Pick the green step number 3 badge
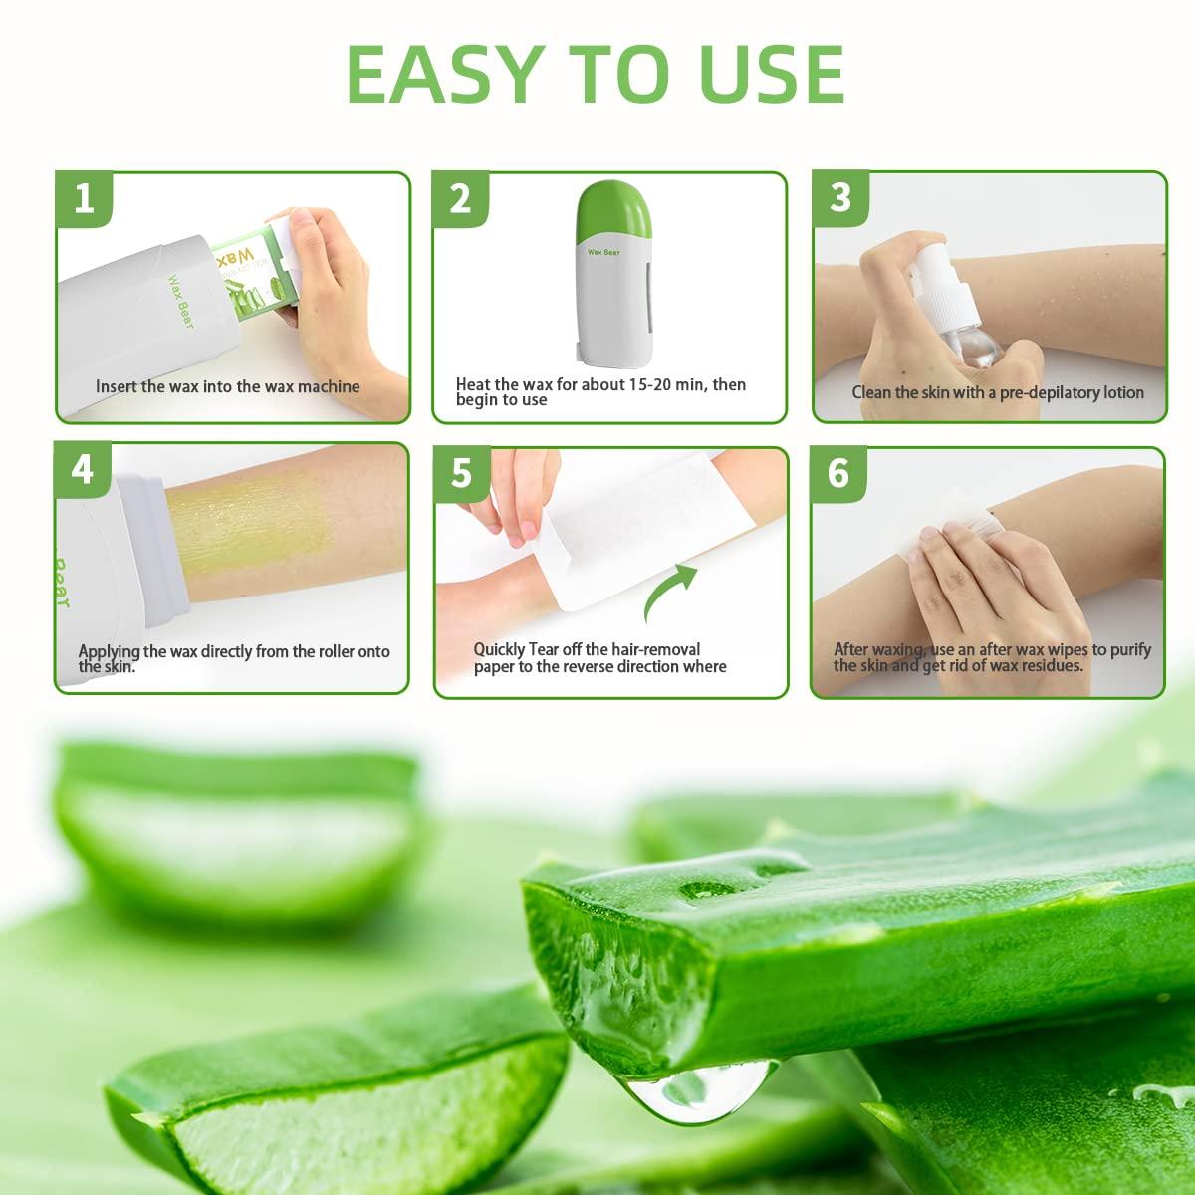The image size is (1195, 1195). (840, 196)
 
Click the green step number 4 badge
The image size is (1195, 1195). (83, 468)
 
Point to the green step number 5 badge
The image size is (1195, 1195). (461, 474)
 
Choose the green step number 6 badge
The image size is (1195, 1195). (838, 472)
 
